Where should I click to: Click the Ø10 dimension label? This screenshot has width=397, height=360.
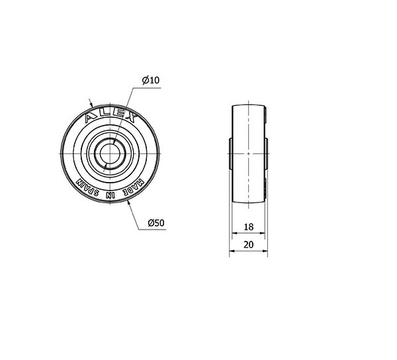151,80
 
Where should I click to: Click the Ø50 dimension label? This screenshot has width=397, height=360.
156,223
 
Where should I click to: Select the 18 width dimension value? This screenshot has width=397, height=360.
248,227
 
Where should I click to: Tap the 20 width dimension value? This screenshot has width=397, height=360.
248,245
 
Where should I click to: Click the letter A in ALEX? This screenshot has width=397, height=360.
91,118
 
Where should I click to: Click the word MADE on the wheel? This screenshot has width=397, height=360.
134,188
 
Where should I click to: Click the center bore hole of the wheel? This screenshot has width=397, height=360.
110,154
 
